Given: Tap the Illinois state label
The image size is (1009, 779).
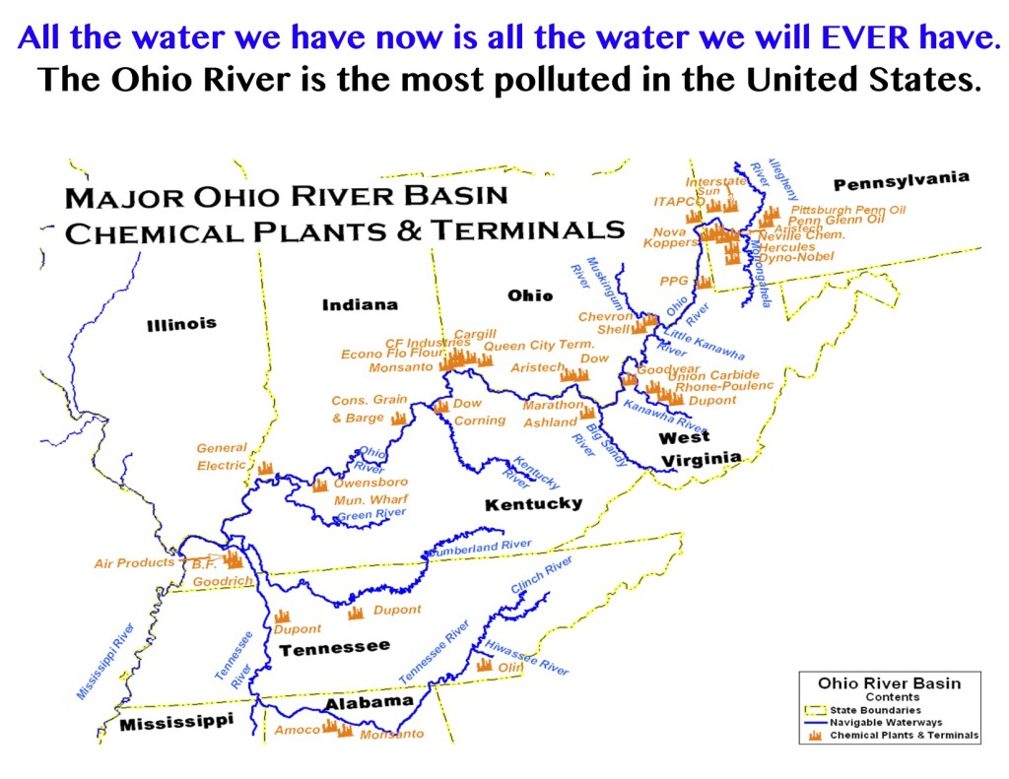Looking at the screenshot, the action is [181, 324].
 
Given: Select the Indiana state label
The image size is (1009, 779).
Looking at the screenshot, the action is [360, 304].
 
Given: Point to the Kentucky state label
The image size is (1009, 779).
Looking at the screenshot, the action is [533, 504].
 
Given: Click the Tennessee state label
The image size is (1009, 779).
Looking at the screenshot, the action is [334, 648].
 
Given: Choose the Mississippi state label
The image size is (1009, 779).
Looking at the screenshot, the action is [176, 724].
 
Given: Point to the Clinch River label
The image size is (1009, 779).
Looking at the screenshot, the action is [542, 575].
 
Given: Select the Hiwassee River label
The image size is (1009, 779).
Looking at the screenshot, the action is [527, 656].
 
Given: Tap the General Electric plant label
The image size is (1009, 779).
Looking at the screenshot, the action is [222, 457].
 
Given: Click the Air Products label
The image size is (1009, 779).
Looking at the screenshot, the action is [133, 563].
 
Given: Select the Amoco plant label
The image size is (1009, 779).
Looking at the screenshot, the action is [297, 730].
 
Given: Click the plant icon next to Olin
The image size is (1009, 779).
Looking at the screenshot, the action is [485, 665].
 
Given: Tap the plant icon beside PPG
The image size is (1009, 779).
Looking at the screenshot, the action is [704, 282].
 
